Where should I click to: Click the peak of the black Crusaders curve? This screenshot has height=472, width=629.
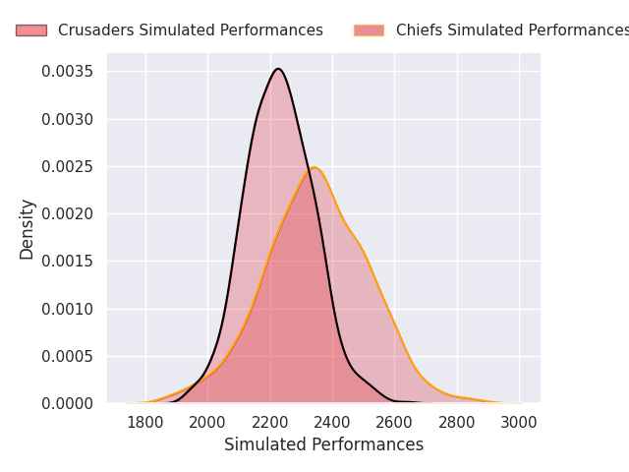pyautogui.click(x=278, y=69)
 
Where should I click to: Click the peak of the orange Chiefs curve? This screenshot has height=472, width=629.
pyautogui.click(x=314, y=167)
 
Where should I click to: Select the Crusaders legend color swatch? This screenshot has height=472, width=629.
pyautogui.click(x=30, y=30)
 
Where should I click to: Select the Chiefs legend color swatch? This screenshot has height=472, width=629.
pyautogui.click(x=369, y=30)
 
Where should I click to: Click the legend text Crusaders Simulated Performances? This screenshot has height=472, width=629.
pyautogui.click(x=190, y=30)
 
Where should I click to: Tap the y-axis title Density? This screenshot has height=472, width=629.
pyautogui.click(x=28, y=229)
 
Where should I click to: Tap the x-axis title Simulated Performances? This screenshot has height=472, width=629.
pyautogui.click(x=323, y=444)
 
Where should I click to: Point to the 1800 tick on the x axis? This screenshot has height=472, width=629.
pyautogui.click(x=145, y=422)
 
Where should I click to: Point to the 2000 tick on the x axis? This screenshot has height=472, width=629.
pyautogui.click(x=207, y=422)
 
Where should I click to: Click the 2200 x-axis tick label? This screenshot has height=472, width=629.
pyautogui.click(x=270, y=422)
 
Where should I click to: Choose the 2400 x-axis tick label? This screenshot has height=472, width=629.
pyautogui.click(x=332, y=422)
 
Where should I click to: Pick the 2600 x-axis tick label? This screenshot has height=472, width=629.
pyautogui.click(x=394, y=422)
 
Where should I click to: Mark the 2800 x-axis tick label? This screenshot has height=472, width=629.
pyautogui.click(x=457, y=422)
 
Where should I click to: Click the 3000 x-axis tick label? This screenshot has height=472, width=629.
pyautogui.click(x=519, y=422)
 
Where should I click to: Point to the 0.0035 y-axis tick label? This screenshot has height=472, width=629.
pyautogui.click(x=69, y=72)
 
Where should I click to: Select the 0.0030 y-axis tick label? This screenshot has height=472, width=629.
pyautogui.click(x=69, y=119)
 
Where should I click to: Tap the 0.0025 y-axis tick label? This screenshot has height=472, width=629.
pyautogui.click(x=69, y=166)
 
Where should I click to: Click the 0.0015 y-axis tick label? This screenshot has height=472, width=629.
pyautogui.click(x=69, y=262)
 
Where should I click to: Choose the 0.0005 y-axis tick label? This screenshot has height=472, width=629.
pyautogui.click(x=69, y=356)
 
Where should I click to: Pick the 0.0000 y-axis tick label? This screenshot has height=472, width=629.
pyautogui.click(x=69, y=403)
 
